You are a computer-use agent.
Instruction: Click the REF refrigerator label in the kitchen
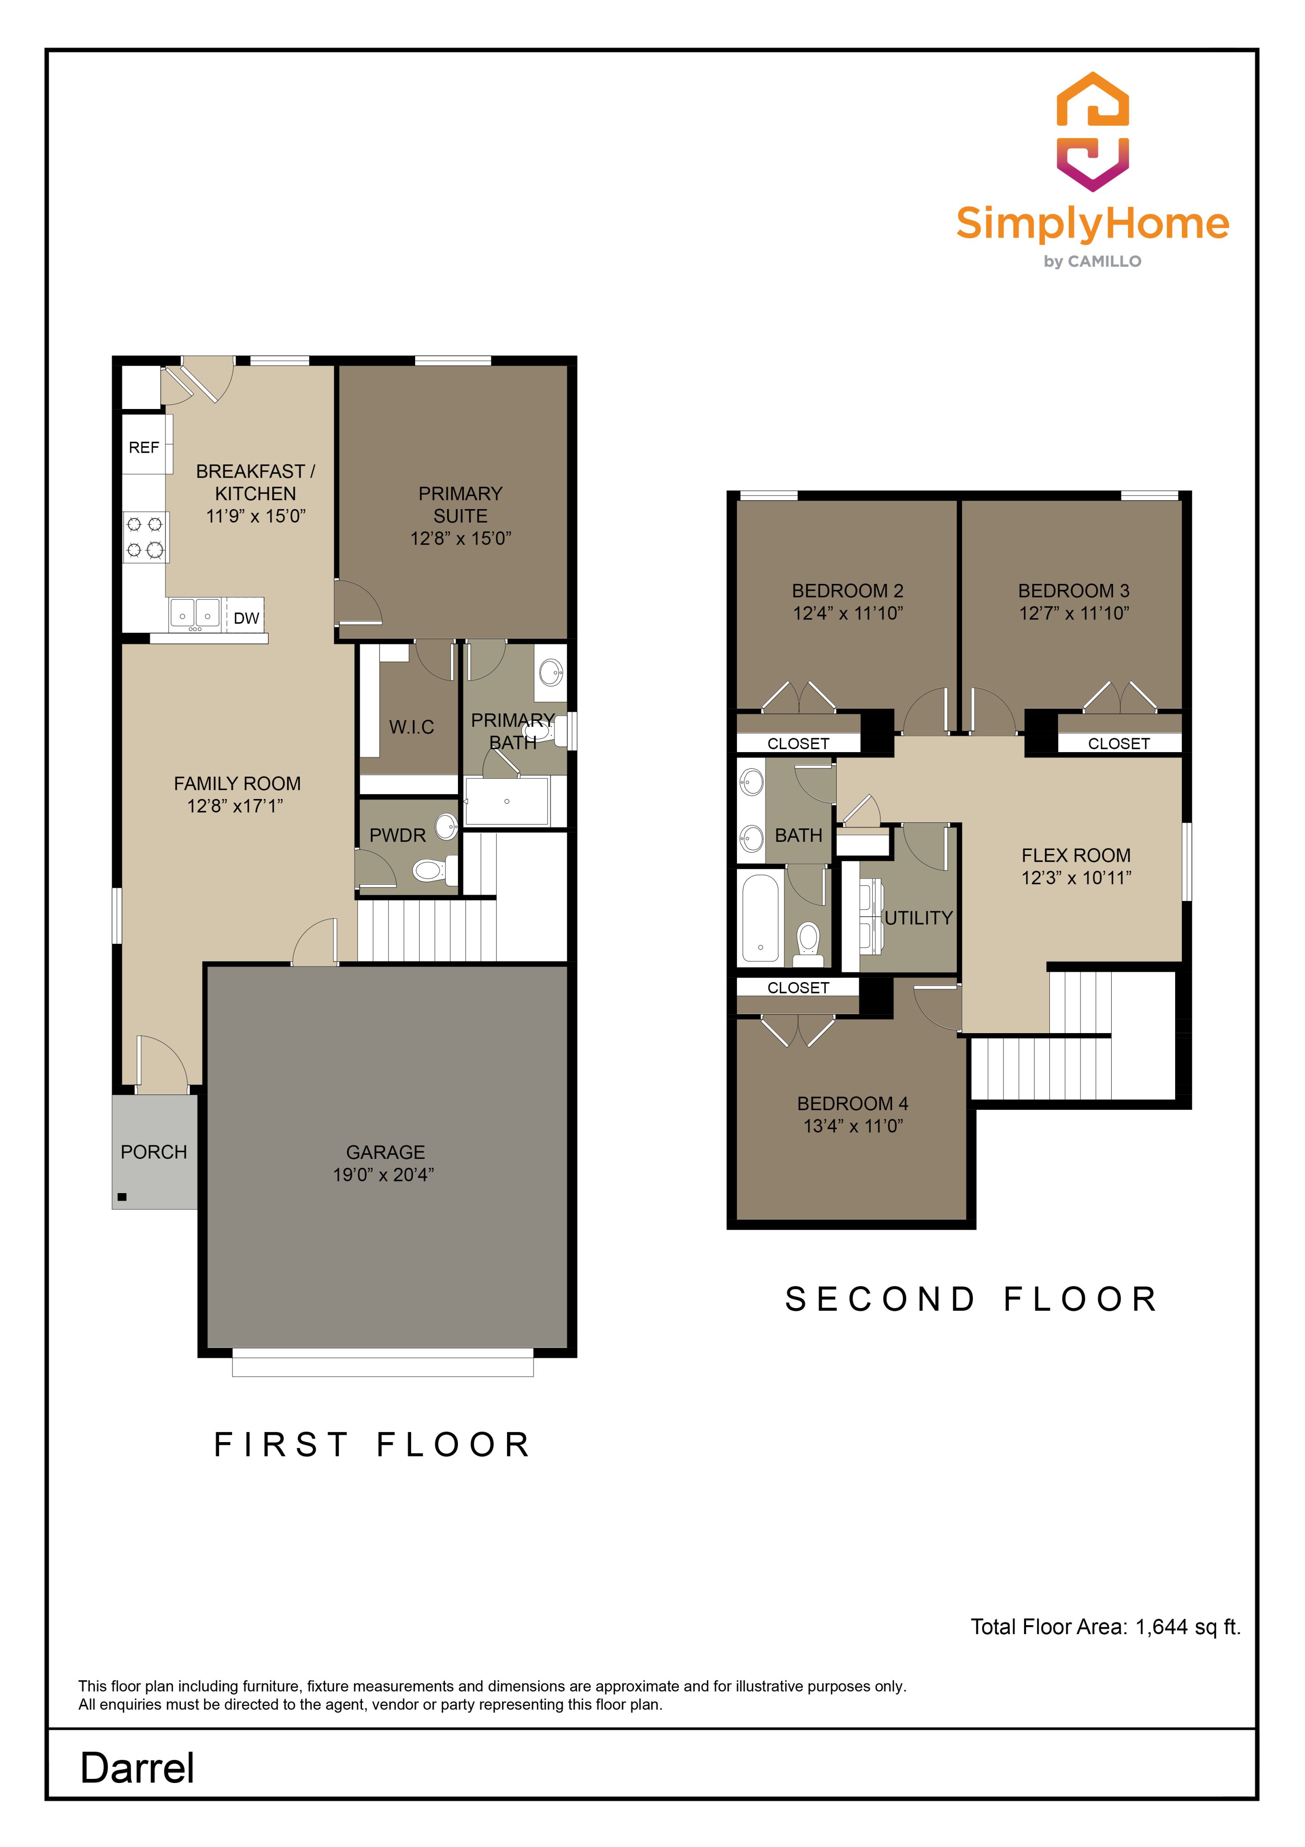144,447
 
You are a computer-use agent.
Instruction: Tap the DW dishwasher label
247,618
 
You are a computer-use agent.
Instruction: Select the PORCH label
154,1152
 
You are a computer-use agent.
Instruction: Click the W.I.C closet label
412,727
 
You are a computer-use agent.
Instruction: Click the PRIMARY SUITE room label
461,505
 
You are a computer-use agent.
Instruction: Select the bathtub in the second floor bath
760,917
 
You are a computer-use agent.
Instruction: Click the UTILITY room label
918,918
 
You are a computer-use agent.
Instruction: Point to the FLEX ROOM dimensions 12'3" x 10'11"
1076,878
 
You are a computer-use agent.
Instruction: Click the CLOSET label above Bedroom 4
797,988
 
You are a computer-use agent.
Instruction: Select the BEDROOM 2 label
847,590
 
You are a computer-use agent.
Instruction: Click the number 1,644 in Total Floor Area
1161,1626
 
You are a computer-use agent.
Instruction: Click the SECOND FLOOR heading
971,1299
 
